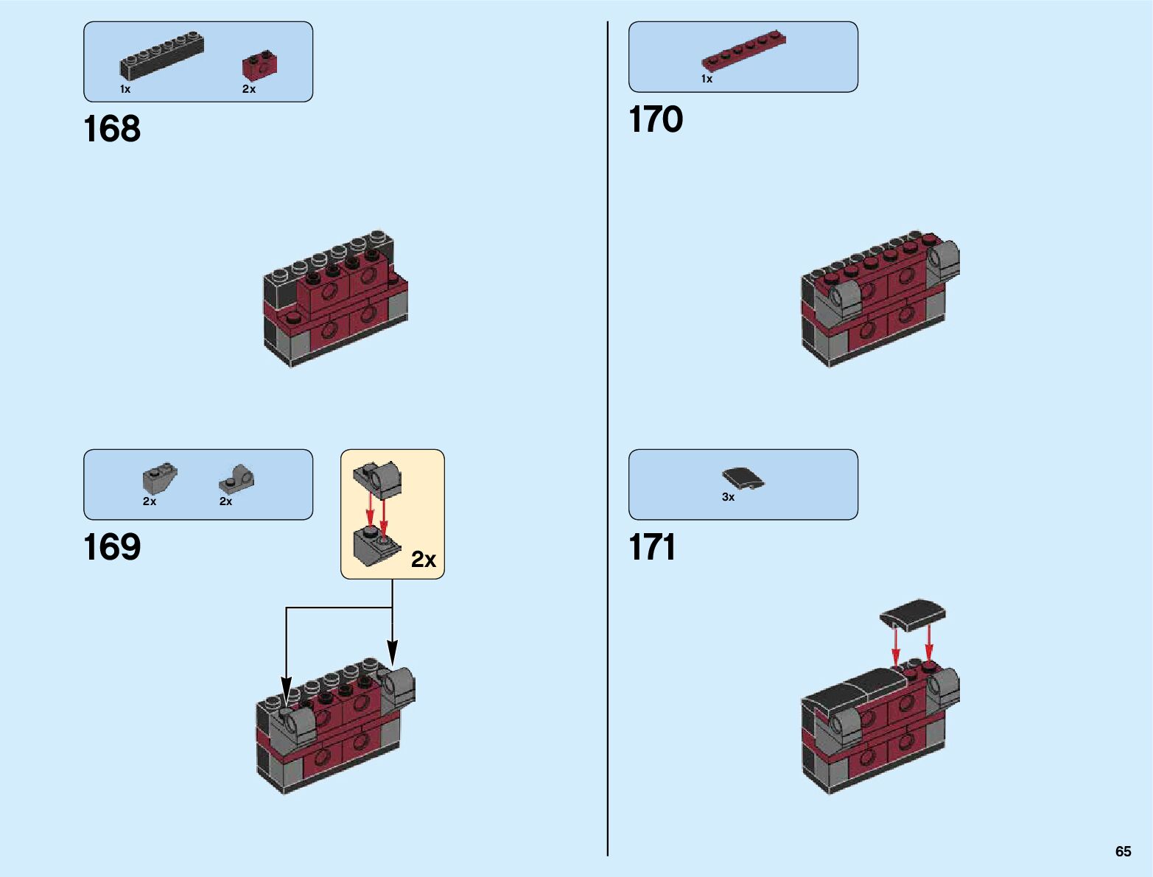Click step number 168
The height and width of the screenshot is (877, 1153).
112,130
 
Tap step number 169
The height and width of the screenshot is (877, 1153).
112,548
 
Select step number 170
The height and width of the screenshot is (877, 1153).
656,120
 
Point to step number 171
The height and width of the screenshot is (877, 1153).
653,548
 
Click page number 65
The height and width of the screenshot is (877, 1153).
1123,851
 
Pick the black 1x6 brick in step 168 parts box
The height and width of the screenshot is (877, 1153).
162,56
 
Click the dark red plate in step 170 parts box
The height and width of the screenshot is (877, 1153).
744,52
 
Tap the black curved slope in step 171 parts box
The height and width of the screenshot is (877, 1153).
743,479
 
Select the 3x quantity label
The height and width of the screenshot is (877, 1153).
728,497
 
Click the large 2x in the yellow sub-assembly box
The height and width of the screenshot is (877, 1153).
424,560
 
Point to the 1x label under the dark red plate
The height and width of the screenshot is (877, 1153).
707,79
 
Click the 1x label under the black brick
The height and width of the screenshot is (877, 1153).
125,89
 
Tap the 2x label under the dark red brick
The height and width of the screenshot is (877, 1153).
249,89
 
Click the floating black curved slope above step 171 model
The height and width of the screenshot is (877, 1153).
913,614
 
